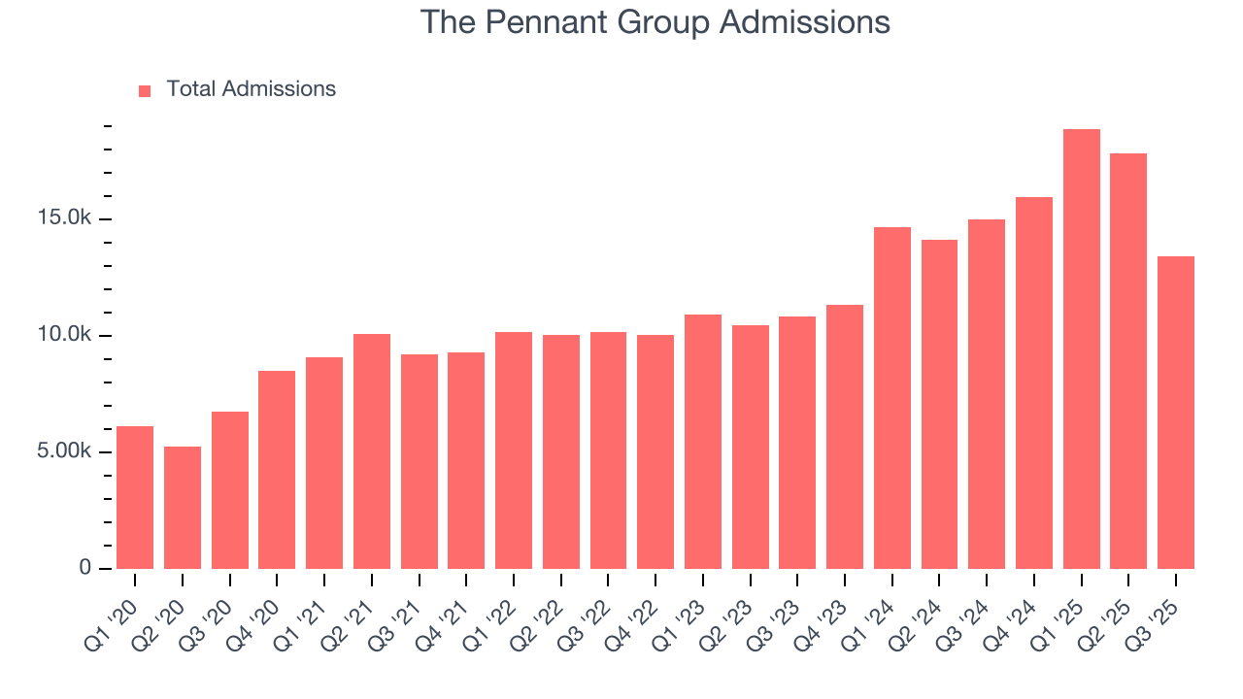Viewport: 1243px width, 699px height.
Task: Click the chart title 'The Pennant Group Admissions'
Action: (x=655, y=21)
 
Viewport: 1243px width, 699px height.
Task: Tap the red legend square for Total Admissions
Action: (x=145, y=90)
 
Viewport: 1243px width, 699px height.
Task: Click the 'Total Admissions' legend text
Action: (x=251, y=89)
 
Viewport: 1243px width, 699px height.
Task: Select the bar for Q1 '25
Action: (x=1081, y=349)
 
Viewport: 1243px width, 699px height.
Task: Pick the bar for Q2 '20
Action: (x=183, y=508)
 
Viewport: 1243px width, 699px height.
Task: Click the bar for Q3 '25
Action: (x=1176, y=413)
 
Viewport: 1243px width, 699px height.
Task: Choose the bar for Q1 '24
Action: (x=891, y=398)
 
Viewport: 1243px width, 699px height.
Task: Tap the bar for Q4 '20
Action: (x=277, y=470)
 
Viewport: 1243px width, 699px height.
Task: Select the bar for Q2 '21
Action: (x=372, y=451)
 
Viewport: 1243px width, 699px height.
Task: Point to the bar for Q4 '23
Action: (x=845, y=437)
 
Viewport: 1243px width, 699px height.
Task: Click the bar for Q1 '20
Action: (x=135, y=497)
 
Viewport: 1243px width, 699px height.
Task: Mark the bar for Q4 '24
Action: (x=1034, y=383)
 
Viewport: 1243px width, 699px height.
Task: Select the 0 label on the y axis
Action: (x=84, y=569)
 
